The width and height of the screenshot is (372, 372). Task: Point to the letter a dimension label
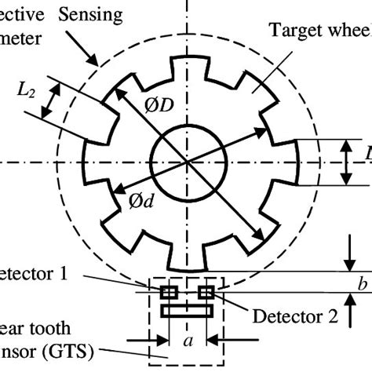(x=187, y=343)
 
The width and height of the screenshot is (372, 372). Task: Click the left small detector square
(x=168, y=293)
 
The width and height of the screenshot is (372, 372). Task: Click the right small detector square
(x=206, y=293)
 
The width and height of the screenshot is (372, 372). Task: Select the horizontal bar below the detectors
(x=187, y=311)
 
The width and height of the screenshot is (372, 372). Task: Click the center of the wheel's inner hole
(x=188, y=161)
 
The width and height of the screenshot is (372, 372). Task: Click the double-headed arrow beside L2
(x=53, y=101)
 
